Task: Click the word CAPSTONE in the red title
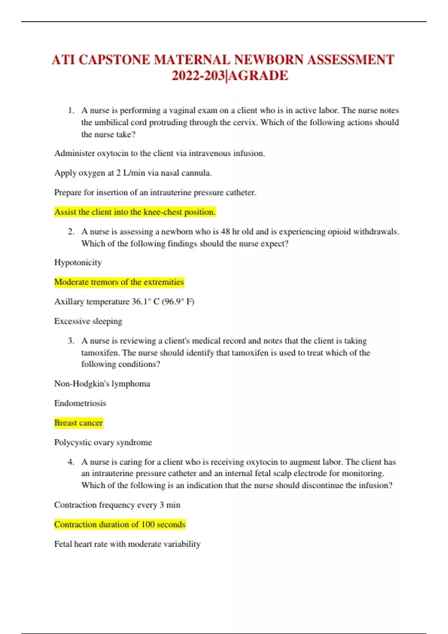click(114, 60)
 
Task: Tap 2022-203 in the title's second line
click(198, 76)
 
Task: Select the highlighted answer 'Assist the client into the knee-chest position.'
click(135, 212)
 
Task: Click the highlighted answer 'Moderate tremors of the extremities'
click(119, 282)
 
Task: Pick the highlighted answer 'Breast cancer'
click(78, 423)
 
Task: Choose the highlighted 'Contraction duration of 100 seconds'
click(120, 524)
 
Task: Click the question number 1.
click(71, 110)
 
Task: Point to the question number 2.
click(71, 232)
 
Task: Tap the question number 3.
click(71, 340)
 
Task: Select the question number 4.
click(71, 462)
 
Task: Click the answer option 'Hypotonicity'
click(78, 263)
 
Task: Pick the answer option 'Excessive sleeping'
click(88, 321)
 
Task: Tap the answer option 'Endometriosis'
click(80, 403)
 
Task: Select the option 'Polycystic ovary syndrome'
click(103, 442)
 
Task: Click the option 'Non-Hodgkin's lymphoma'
click(102, 384)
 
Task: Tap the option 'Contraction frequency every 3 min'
click(117, 505)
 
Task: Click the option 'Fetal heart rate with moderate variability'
click(127, 544)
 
